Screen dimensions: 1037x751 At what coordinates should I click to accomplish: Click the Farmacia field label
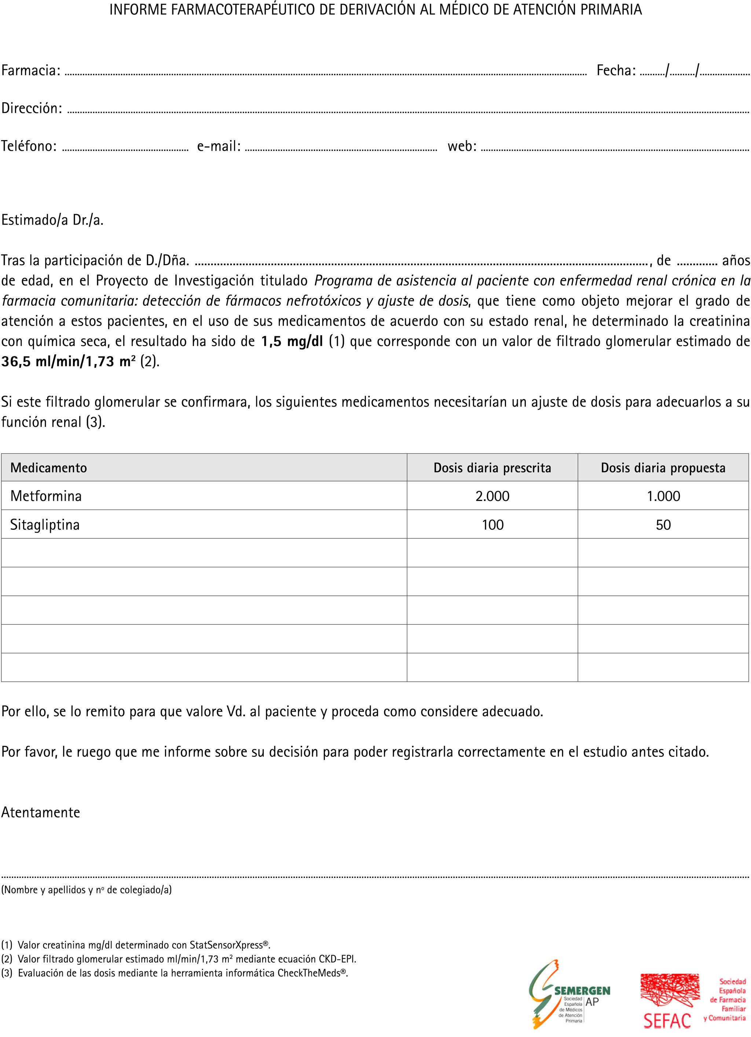click(31, 70)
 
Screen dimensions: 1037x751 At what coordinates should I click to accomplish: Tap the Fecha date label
click(616, 70)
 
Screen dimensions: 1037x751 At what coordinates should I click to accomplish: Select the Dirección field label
click(32, 109)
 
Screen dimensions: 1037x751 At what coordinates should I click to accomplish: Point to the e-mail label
click(219, 146)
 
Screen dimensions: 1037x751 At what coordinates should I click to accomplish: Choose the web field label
click(462, 146)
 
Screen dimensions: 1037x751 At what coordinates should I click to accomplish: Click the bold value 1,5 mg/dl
click(292, 341)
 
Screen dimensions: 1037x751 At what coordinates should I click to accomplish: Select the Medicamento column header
click(48, 468)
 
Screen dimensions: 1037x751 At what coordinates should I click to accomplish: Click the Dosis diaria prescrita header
click(492, 468)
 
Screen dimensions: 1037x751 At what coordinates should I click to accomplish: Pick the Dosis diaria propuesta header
click(663, 468)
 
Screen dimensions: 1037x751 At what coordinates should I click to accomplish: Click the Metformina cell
click(46, 496)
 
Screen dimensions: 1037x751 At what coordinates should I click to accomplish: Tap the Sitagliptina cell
click(45, 524)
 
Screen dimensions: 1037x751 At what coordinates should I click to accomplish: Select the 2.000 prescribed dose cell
click(492, 496)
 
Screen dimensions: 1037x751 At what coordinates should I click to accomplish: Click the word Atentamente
click(41, 812)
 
